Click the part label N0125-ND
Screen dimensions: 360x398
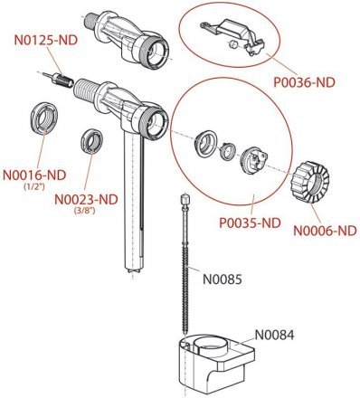point(46,41)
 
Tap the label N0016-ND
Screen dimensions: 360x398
point(34,175)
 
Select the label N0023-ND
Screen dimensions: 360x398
point(86,199)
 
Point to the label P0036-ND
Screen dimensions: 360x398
point(304,82)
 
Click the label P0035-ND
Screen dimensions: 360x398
point(250,223)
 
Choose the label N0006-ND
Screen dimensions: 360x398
point(325,231)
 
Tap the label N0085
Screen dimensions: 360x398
point(223,280)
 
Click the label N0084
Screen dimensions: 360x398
point(274,335)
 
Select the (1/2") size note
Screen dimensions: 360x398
point(34,186)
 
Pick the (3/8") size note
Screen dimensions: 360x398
point(85,211)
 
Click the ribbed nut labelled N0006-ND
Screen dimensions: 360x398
point(309,182)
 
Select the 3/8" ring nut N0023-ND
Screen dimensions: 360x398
point(92,141)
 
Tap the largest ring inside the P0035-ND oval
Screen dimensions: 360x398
point(205,144)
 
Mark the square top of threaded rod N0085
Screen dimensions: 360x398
point(184,199)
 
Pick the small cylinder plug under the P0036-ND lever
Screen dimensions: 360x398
point(232,44)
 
